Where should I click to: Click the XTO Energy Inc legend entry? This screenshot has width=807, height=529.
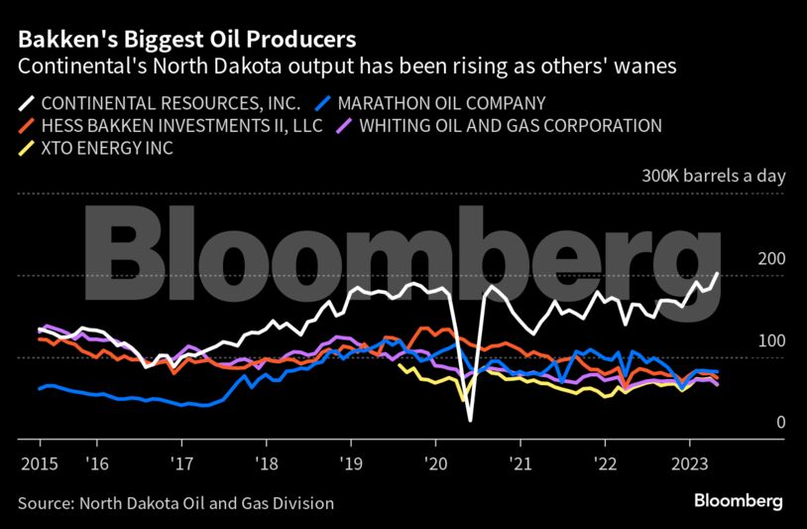[120, 149]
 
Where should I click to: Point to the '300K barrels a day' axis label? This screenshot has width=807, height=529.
[713, 176]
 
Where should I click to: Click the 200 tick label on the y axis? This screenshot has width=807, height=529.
[771, 259]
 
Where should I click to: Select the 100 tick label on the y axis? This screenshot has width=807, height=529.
[771, 340]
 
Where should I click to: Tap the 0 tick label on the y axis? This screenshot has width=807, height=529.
[780, 423]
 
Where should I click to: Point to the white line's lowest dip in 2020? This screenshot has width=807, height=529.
[469, 420]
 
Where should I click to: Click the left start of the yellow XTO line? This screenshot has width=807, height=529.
[399, 365]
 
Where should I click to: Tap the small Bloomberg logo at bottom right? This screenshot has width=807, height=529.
[739, 501]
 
